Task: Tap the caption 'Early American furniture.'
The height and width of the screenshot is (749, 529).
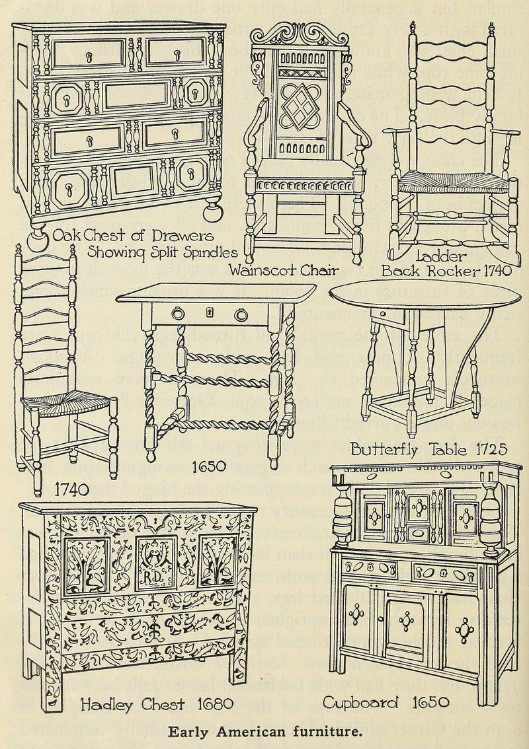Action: click(x=264, y=731)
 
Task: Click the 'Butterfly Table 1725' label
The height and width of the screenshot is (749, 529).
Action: click(x=428, y=450)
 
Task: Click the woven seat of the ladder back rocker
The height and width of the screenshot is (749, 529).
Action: click(x=454, y=182)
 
